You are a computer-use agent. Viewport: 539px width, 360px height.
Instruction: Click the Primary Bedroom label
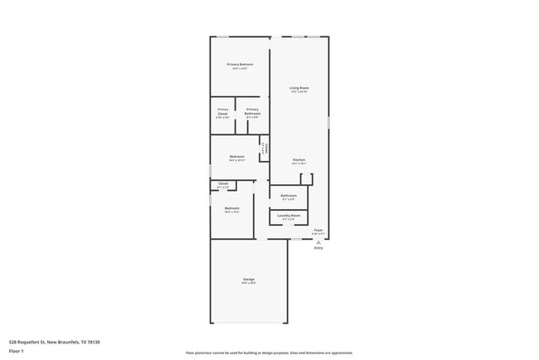point(240,64)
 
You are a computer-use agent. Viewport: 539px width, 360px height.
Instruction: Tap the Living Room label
point(299,88)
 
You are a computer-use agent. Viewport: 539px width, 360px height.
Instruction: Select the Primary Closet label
point(222,109)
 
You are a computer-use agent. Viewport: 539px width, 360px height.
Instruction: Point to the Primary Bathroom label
point(252,109)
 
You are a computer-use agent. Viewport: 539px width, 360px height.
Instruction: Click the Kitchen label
point(299,159)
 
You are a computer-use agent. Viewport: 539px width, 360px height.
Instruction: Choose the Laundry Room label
point(289,216)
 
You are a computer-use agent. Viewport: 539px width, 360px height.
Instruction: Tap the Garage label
point(249,279)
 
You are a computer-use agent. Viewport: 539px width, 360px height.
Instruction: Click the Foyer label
point(318,230)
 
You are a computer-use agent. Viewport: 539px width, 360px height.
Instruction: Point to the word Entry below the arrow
point(318,248)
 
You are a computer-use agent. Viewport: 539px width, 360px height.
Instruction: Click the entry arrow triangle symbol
point(318,241)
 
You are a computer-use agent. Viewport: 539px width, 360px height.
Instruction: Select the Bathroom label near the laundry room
point(289,196)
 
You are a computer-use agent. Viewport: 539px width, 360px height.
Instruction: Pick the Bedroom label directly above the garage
point(232,208)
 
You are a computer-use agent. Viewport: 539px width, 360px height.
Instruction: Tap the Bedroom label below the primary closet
point(236,156)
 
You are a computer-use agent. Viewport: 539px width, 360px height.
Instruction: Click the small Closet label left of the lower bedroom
point(223,183)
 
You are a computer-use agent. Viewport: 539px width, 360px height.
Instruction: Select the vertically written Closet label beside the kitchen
point(265,148)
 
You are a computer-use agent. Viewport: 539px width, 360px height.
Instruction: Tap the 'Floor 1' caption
point(17,351)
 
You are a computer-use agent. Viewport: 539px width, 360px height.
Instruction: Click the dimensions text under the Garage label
point(249,284)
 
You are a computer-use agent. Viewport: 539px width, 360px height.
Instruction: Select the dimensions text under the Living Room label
point(299,92)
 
